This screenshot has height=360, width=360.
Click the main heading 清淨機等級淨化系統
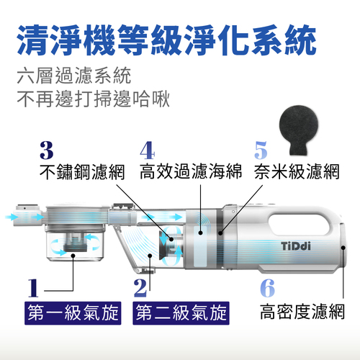[x=166, y=40]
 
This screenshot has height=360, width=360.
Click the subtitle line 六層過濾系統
[x=74, y=76]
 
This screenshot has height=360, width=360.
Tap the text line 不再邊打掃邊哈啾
[x=94, y=99]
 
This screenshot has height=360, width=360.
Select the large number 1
[x=33, y=288]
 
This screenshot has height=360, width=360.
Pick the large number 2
[x=140, y=288]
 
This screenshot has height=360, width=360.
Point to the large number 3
[x=47, y=150]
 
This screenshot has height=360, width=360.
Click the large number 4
[x=148, y=150]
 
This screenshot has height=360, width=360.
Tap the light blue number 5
[x=261, y=150]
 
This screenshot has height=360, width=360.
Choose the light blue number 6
[x=267, y=288]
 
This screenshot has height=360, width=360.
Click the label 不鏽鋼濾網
[x=82, y=172]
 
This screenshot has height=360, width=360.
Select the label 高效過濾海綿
[x=191, y=171]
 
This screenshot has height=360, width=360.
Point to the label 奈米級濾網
[x=297, y=171]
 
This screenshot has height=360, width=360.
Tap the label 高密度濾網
[x=302, y=312]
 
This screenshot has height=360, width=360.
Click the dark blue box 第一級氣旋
[x=73, y=313]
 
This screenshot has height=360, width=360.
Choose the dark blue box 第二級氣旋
[x=181, y=313]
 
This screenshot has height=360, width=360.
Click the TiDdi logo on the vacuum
[x=296, y=246]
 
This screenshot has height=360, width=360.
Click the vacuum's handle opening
[x=300, y=224]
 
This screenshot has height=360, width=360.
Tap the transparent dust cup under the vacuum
[x=74, y=246]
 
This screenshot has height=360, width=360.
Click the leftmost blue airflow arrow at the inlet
[x=11, y=217]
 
